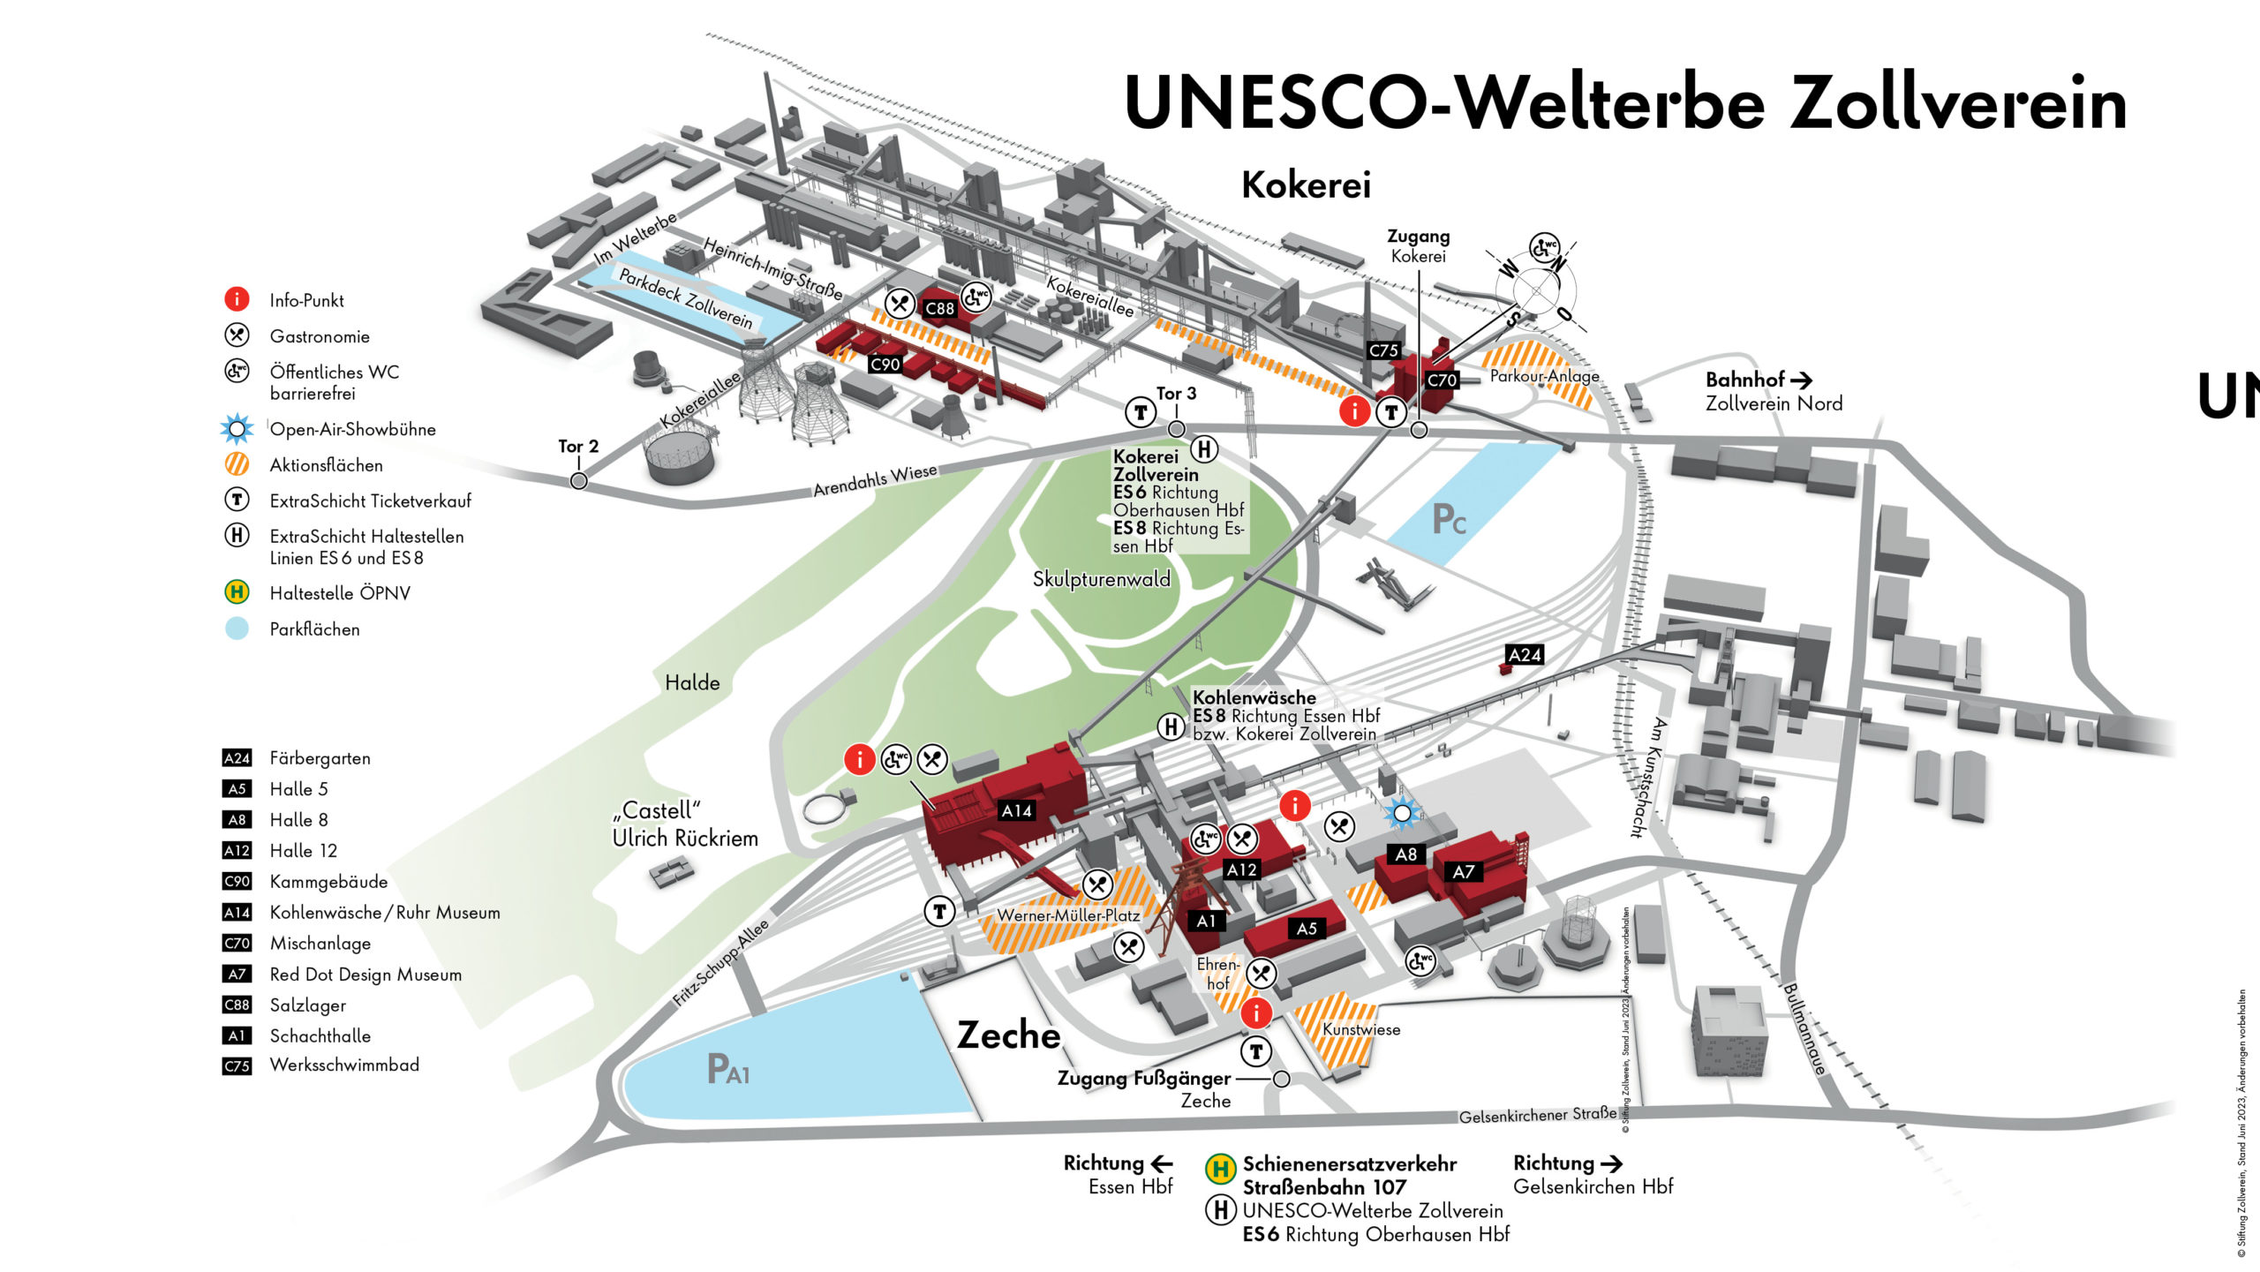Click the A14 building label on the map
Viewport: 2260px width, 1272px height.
coord(1016,810)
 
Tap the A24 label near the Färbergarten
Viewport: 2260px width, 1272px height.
coord(1525,655)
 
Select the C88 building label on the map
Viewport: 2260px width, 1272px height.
coord(939,309)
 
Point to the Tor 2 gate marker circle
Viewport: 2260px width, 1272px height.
coord(578,480)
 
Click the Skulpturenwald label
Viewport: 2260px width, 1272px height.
coord(1101,579)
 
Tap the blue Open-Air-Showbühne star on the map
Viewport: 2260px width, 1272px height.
coord(1402,813)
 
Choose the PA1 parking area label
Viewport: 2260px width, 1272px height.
coord(728,1070)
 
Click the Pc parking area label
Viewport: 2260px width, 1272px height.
coord(1449,520)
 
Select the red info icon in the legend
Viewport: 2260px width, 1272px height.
coord(237,299)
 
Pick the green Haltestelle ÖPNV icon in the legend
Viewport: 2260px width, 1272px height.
coord(237,592)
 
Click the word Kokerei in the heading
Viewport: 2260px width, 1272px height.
coord(1306,185)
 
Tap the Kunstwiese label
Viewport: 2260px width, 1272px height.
coord(1360,1029)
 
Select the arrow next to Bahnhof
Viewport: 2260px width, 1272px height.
coord(1801,380)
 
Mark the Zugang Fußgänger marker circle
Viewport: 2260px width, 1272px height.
coord(1282,1079)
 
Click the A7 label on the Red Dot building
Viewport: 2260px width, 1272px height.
coord(1463,872)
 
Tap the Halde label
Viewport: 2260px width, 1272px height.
coord(692,682)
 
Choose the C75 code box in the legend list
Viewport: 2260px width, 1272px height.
coord(237,1066)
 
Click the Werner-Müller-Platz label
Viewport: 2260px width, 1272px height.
coord(1068,915)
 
